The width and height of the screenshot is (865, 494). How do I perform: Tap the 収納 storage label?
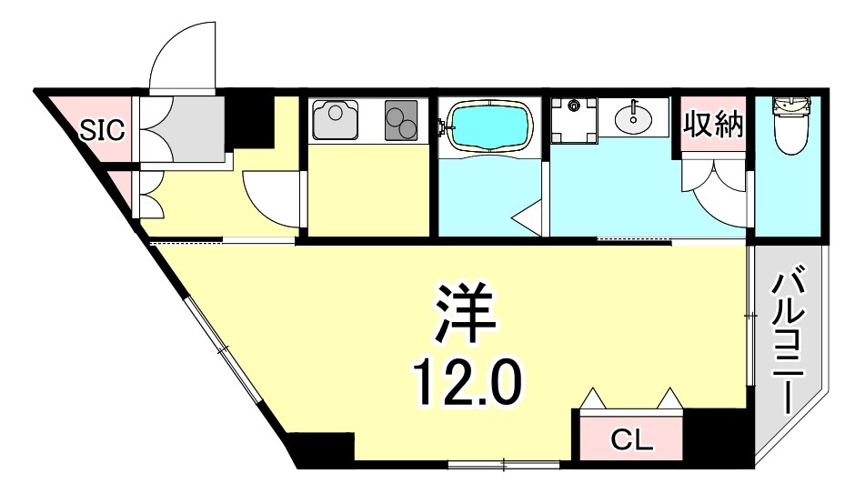tap(714, 124)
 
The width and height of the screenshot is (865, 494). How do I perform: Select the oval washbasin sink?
tap(635, 116)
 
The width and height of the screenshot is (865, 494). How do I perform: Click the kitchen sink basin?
tap(334, 118)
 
